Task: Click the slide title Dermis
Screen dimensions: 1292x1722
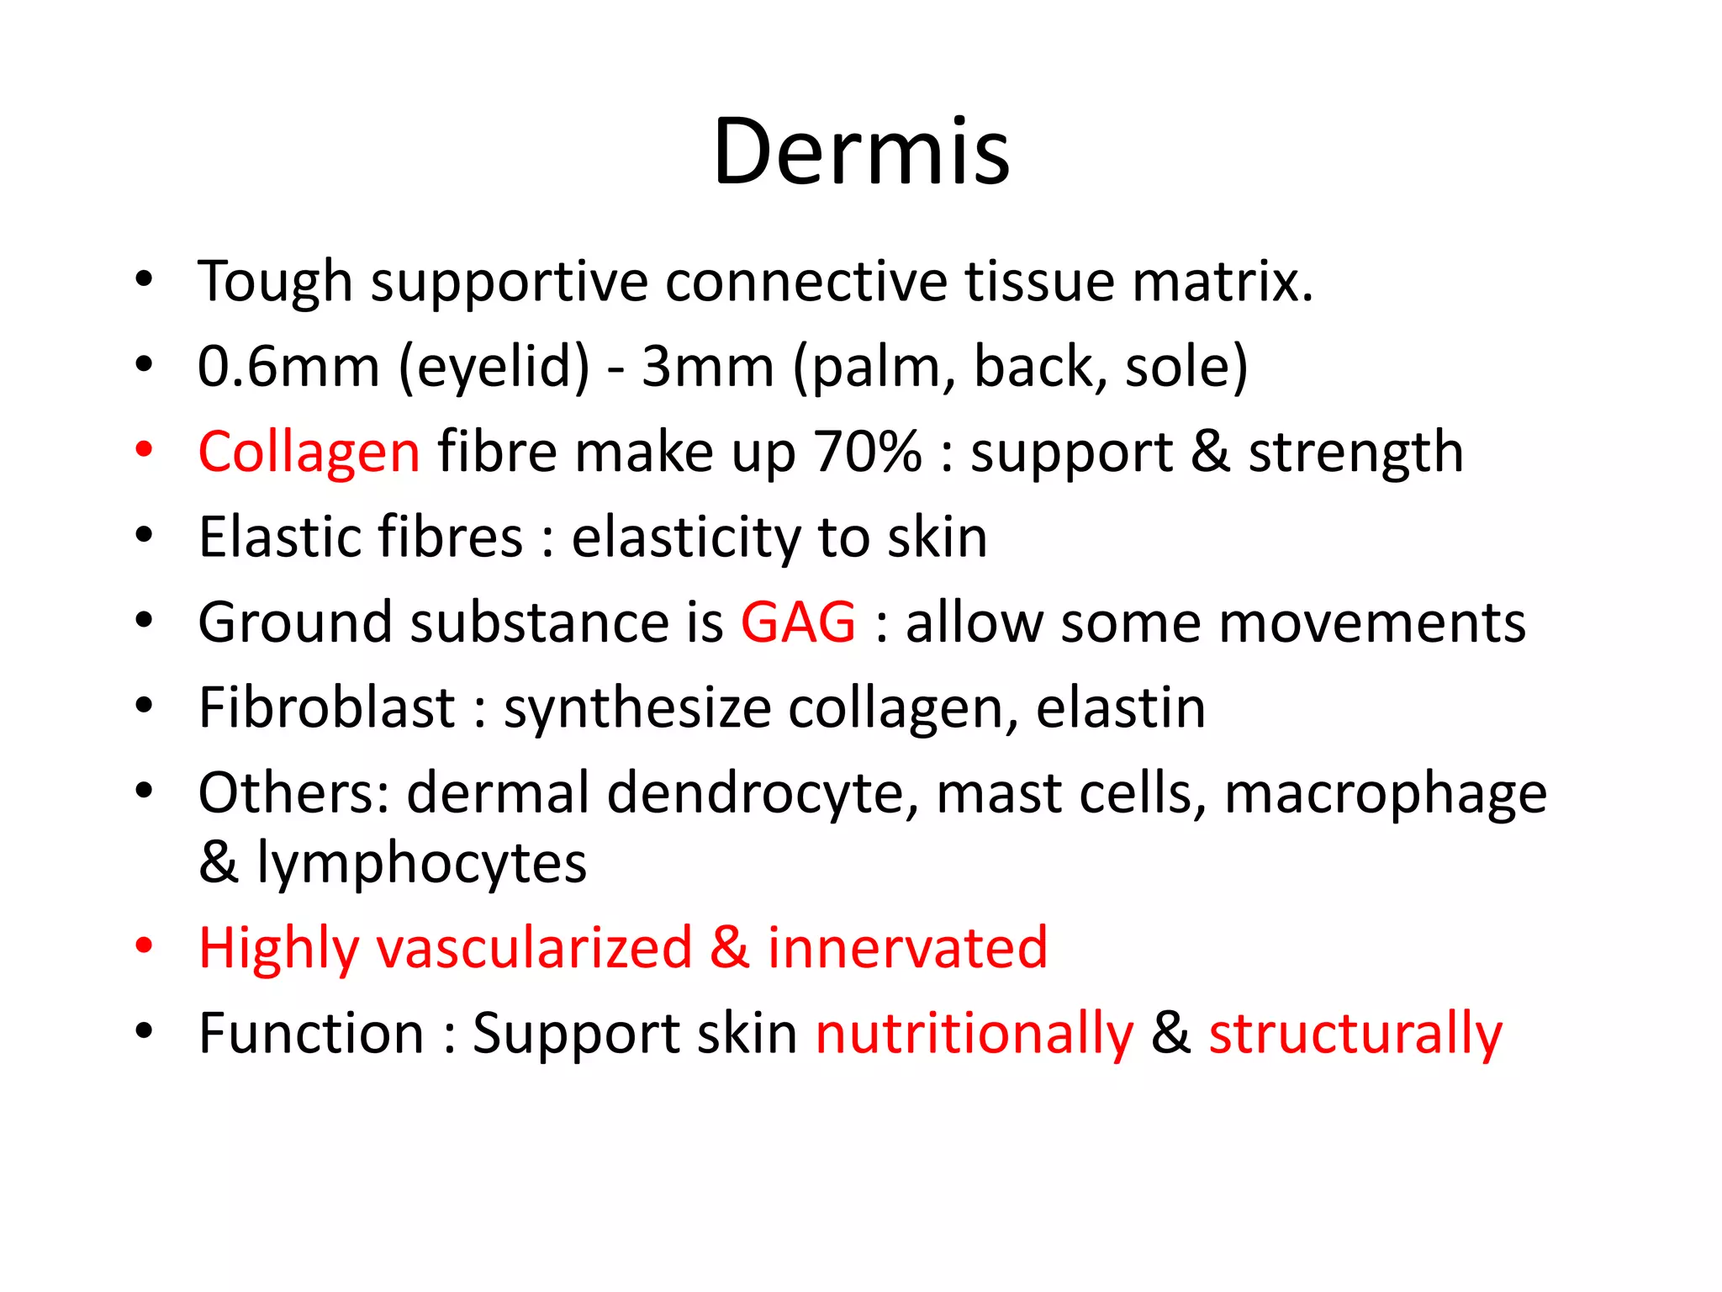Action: [x=861, y=152]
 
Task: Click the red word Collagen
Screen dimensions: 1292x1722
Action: [x=309, y=453]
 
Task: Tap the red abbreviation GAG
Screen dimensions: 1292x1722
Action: [x=798, y=622]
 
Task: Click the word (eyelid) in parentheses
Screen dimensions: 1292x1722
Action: [x=494, y=367]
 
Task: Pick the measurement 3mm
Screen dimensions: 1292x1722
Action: [x=707, y=367]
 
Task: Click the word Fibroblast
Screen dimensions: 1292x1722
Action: [x=327, y=707]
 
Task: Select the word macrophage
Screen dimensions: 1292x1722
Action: [x=1385, y=793]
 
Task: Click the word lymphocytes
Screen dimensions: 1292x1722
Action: [x=422, y=863]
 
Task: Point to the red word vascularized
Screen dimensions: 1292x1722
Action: [x=534, y=948]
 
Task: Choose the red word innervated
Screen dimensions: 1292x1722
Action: [x=908, y=948]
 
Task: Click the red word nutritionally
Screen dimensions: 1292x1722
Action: [x=975, y=1034]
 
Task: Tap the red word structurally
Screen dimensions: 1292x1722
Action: [x=1355, y=1034]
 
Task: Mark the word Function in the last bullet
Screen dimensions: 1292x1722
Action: [x=311, y=1034]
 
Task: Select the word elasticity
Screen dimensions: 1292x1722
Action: [x=685, y=537]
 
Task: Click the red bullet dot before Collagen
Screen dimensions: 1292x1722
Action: [x=145, y=449]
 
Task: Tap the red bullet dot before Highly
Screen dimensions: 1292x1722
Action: [x=145, y=945]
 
